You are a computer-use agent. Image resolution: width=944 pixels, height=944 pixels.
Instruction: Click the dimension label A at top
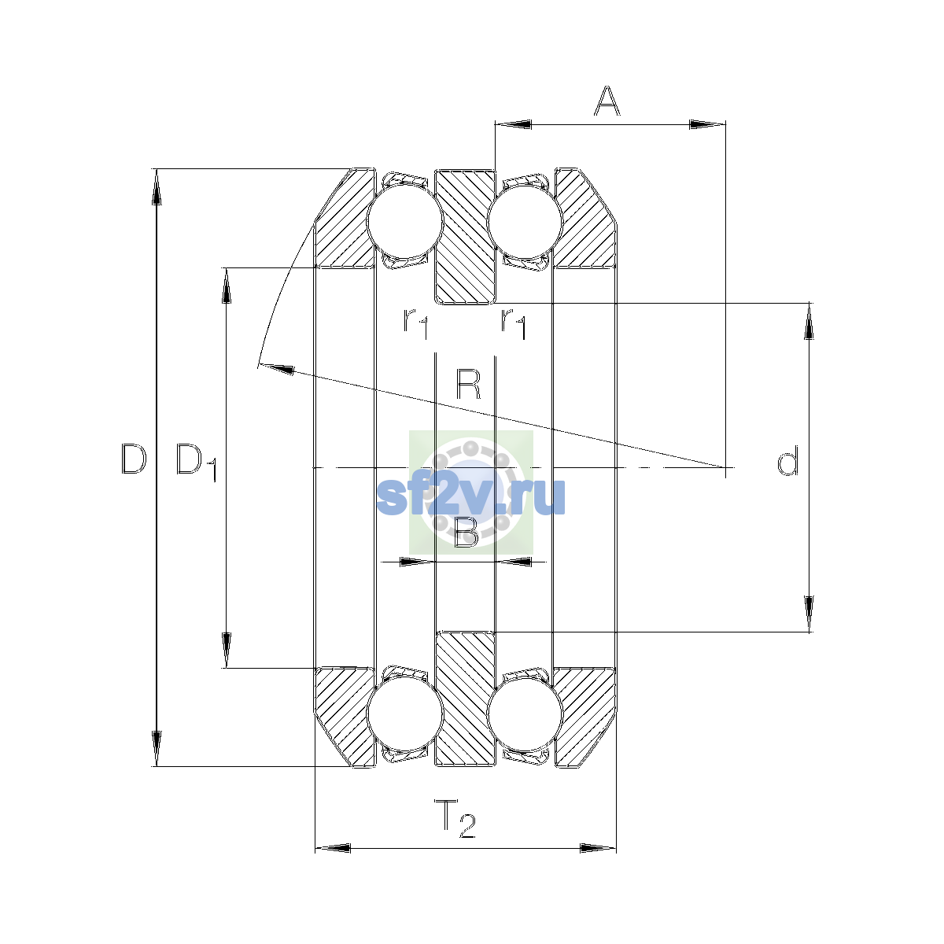pos(607,101)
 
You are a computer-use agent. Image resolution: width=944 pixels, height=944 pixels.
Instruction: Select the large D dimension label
pos(134,459)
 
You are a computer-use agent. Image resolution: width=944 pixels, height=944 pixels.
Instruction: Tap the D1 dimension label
pos(196,463)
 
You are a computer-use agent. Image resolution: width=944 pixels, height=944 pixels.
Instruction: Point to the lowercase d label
pos(787,460)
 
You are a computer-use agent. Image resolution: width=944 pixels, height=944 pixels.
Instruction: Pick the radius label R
pos(468,385)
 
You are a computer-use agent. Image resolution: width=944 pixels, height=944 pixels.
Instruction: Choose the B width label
pos(466,532)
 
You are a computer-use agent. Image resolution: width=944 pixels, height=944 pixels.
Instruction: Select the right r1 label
pos(514,323)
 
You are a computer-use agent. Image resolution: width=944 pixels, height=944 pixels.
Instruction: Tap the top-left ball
pos(405,220)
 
